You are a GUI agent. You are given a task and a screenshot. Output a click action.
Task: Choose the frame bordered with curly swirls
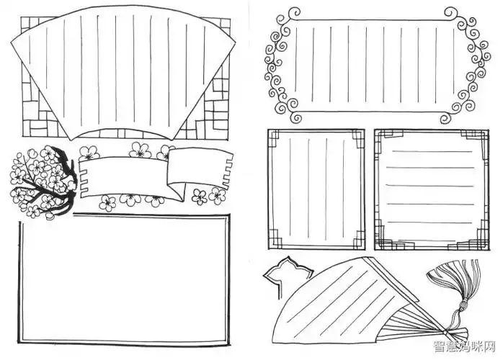[372, 65]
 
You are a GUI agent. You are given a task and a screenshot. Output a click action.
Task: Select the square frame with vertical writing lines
[315, 189]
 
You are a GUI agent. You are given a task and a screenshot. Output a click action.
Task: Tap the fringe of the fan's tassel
[461, 284]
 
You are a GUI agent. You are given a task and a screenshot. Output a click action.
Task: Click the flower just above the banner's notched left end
[89, 153]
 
